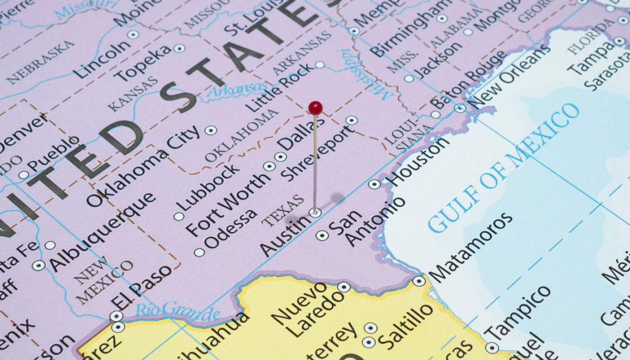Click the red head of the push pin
[315, 108]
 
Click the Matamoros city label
[470, 247]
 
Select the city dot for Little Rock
[320, 65]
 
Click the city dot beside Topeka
[180, 49]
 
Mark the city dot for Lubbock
[179, 216]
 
